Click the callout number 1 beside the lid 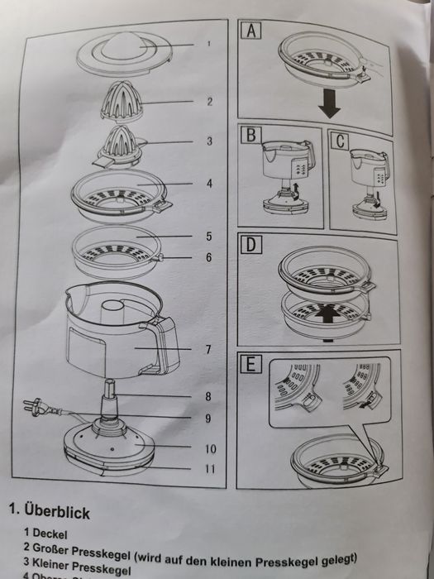coord(209,44)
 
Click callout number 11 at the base coord(210,470)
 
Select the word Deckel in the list coord(52,534)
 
